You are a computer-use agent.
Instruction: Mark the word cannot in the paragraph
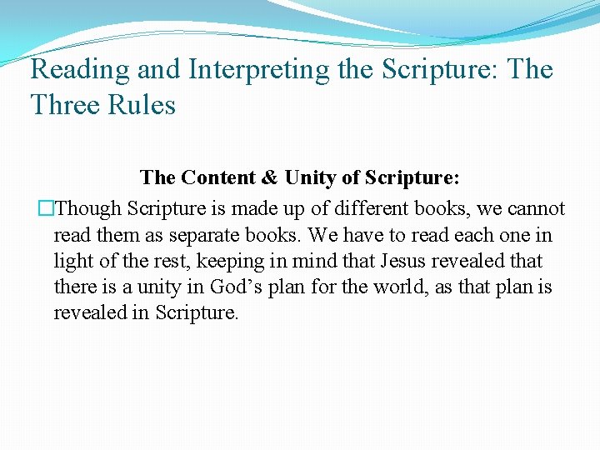[x=536, y=209]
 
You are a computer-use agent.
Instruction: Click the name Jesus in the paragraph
[x=405, y=261]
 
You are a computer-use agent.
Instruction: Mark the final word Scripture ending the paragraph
[x=197, y=312]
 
